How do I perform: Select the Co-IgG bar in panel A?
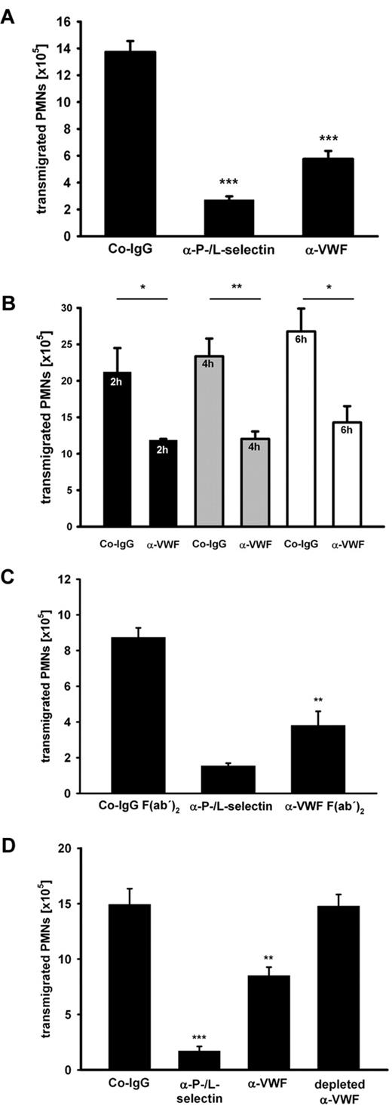pos(130,143)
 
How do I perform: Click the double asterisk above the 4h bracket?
pos(234,289)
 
